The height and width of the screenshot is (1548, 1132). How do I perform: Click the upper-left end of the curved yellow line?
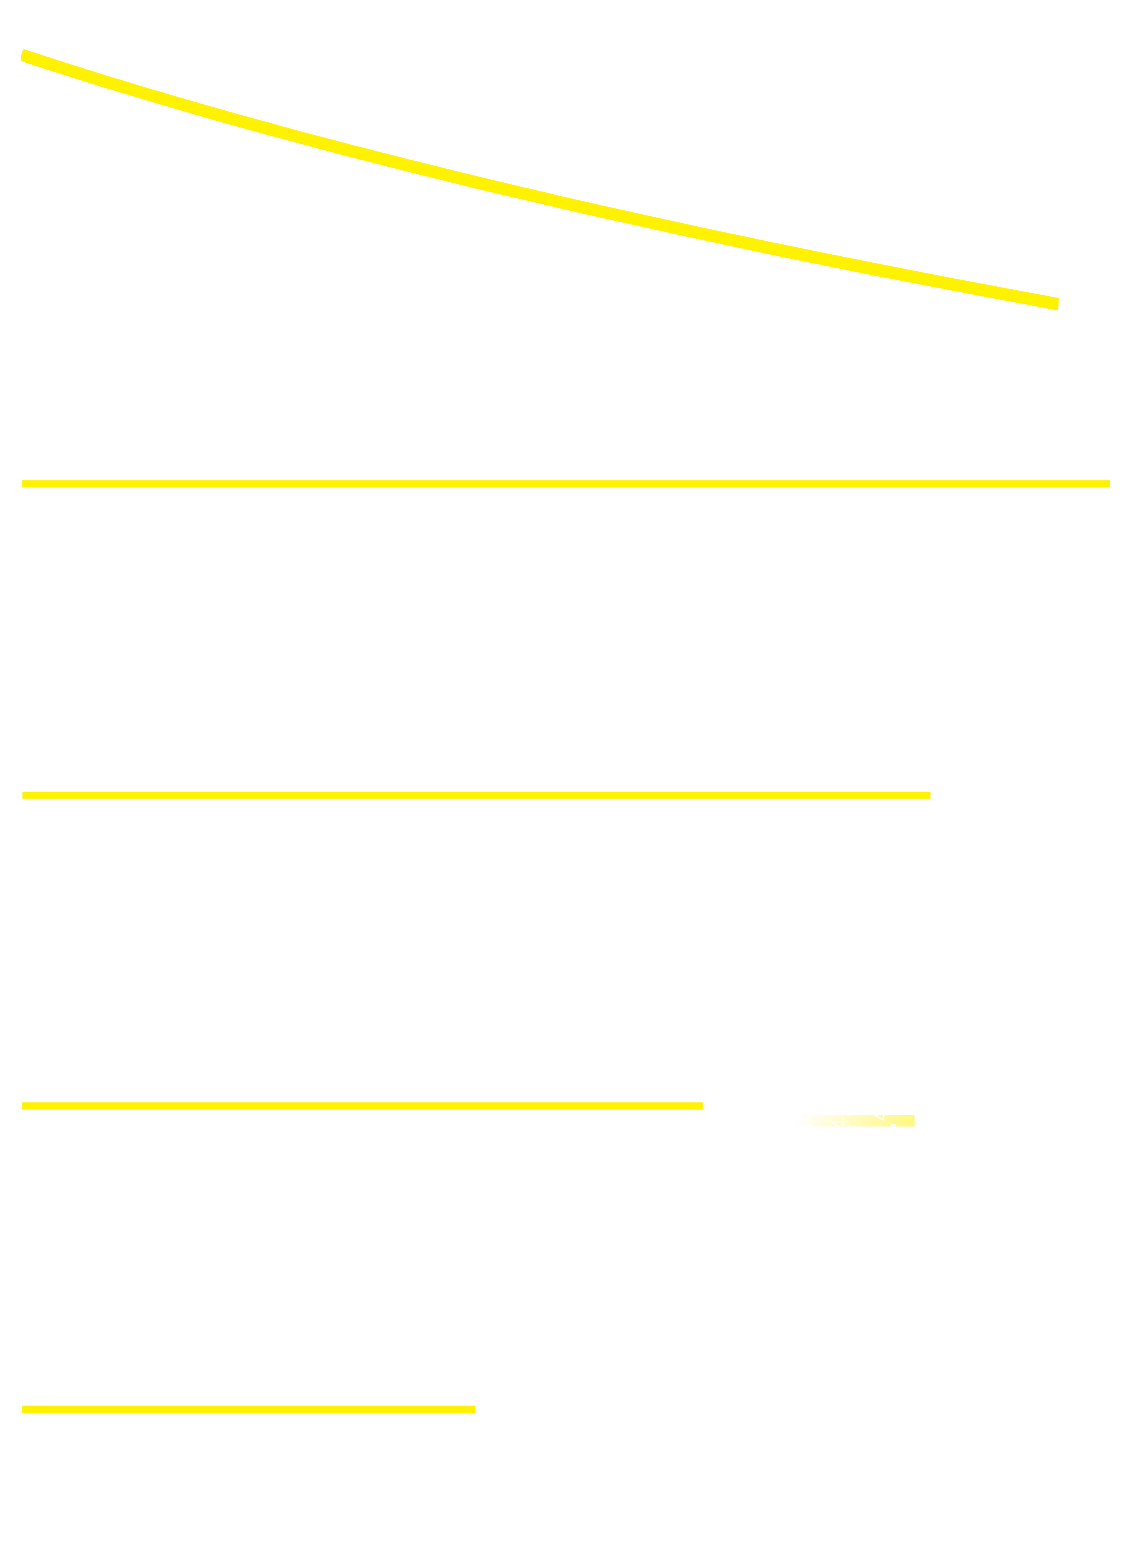[24, 55]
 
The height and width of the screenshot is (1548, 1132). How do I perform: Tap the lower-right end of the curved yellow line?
[1057, 304]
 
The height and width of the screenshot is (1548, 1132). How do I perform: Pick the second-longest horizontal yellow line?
[476, 795]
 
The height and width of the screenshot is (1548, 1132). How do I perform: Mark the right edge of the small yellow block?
[913, 1121]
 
